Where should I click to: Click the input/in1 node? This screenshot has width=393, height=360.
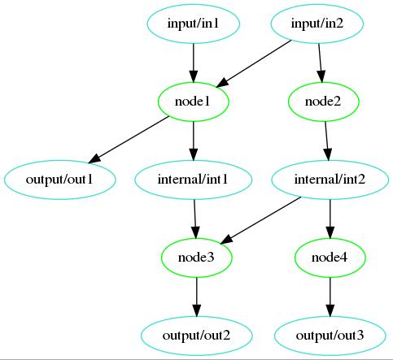[x=194, y=24]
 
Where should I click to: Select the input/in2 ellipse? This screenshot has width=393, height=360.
[x=317, y=24]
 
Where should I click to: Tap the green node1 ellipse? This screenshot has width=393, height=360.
[x=194, y=102]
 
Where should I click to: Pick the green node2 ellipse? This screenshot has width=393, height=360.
[x=323, y=102]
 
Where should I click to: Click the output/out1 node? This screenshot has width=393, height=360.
[x=59, y=180]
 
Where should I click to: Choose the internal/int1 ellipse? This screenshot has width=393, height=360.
[x=194, y=180]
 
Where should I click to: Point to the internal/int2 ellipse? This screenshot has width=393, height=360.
[x=330, y=180]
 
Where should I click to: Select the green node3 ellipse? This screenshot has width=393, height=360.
[x=197, y=258]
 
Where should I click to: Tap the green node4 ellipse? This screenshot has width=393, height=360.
[x=330, y=258]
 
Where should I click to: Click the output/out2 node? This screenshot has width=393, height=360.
[x=197, y=336]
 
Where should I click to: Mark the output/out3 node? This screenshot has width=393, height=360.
[x=330, y=336]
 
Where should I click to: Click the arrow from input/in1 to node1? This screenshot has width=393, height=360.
[x=194, y=63]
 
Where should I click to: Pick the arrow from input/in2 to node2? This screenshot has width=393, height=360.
[x=321, y=63]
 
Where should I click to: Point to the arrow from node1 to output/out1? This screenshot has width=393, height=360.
[x=129, y=140]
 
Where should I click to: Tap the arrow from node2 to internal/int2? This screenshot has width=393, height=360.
[x=327, y=141]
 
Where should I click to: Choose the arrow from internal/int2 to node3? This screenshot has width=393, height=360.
[x=260, y=220]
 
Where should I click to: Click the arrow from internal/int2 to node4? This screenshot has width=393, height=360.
[x=330, y=219]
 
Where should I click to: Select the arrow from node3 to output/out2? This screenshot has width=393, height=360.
[x=197, y=297]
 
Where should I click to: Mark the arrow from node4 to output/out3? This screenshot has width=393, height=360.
[x=330, y=297]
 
